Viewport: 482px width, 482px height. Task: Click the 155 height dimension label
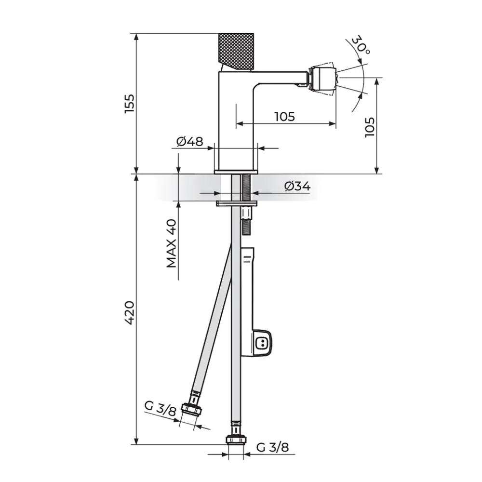[130, 104]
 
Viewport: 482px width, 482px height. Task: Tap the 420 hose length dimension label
[130, 313]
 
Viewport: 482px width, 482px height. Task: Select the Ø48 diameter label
[189, 141]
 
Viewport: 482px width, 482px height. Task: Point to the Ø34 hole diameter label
[297, 186]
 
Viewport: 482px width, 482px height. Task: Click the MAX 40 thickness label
[171, 243]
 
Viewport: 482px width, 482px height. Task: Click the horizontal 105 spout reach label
[285, 117]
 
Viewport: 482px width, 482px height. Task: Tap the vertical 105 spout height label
[370, 127]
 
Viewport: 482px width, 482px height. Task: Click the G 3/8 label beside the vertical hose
[272, 447]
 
